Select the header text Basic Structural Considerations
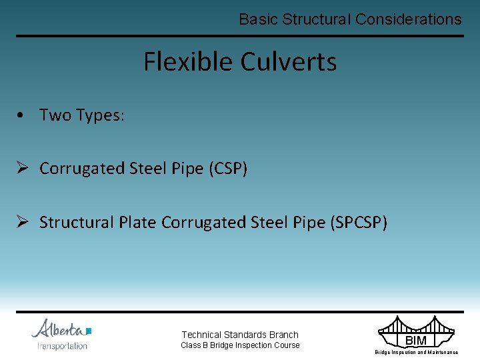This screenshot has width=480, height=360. [350, 19]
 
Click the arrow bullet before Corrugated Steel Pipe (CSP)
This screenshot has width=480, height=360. [24, 169]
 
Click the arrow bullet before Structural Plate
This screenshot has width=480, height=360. [24, 222]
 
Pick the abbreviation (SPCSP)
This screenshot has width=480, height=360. [359, 222]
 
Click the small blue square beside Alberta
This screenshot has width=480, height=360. [89, 330]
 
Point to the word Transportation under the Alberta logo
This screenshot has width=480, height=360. [62, 345]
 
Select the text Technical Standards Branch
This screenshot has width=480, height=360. [240, 335]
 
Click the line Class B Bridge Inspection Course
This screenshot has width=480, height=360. [240, 345]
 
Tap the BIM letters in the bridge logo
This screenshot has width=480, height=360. [415, 341]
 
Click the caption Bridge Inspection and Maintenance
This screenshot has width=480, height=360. [416, 352]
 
